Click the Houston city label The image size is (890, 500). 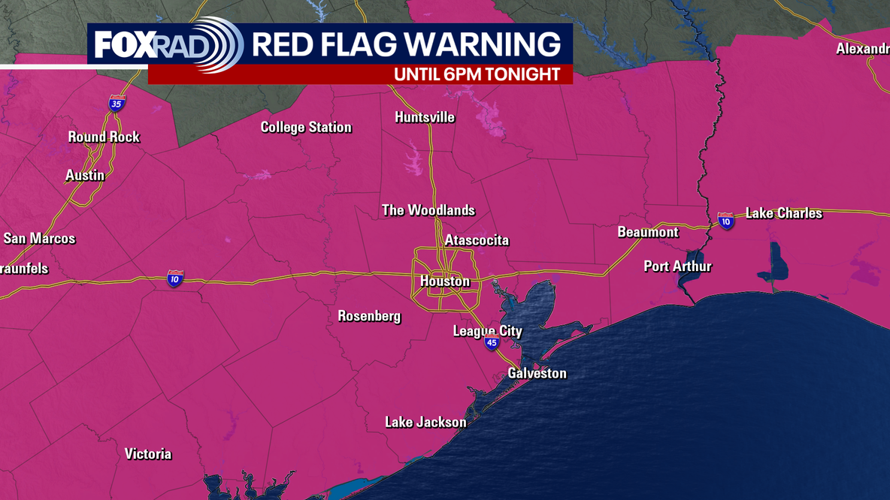coord(444,282)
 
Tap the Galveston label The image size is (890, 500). coord(537,373)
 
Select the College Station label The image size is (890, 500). coord(306,128)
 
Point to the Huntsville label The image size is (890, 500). coord(425,117)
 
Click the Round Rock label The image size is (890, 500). coord(104,137)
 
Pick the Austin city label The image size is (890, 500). coord(85,175)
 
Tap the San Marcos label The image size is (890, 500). coord(40,239)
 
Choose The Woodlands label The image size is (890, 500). coord(428,210)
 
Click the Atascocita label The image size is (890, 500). coord(477,241)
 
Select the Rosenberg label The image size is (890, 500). coord(369,316)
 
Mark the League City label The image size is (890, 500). coord(487,331)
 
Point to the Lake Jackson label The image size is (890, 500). coord(425,423)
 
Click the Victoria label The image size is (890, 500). coord(148,454)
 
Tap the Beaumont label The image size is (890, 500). coord(648,232)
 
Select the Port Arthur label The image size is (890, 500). coord(677,267)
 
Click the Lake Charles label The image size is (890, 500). coord(784,213)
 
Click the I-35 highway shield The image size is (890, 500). coord(116,104)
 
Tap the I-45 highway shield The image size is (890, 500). coord(492,343)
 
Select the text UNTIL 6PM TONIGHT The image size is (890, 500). coord(477,74)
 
